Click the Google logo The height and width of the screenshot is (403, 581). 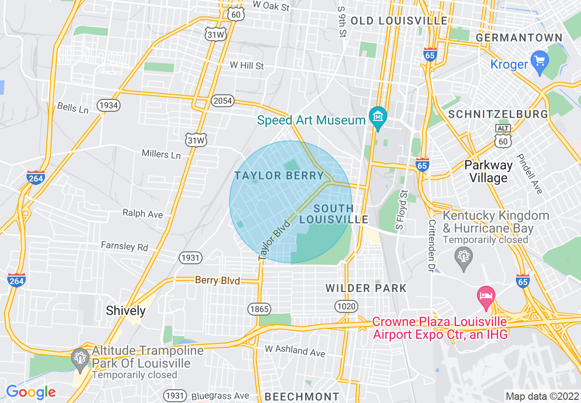click(x=31, y=392)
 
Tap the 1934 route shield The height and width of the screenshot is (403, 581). click(x=109, y=105)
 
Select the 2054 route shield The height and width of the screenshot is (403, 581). click(x=223, y=100)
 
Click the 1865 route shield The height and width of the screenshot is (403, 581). click(x=260, y=309)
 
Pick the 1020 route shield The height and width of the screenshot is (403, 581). click(x=346, y=306)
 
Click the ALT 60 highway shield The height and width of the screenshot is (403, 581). click(x=503, y=136)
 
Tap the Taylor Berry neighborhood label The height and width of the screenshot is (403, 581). click(x=279, y=175)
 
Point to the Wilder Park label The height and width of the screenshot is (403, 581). click(x=366, y=288)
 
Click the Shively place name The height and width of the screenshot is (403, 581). click(x=126, y=310)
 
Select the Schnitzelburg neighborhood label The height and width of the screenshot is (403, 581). click(x=498, y=114)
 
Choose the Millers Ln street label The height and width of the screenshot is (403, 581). click(x=161, y=154)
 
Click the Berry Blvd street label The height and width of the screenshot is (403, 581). click(x=217, y=280)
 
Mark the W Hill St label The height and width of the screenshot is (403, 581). click(x=247, y=65)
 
